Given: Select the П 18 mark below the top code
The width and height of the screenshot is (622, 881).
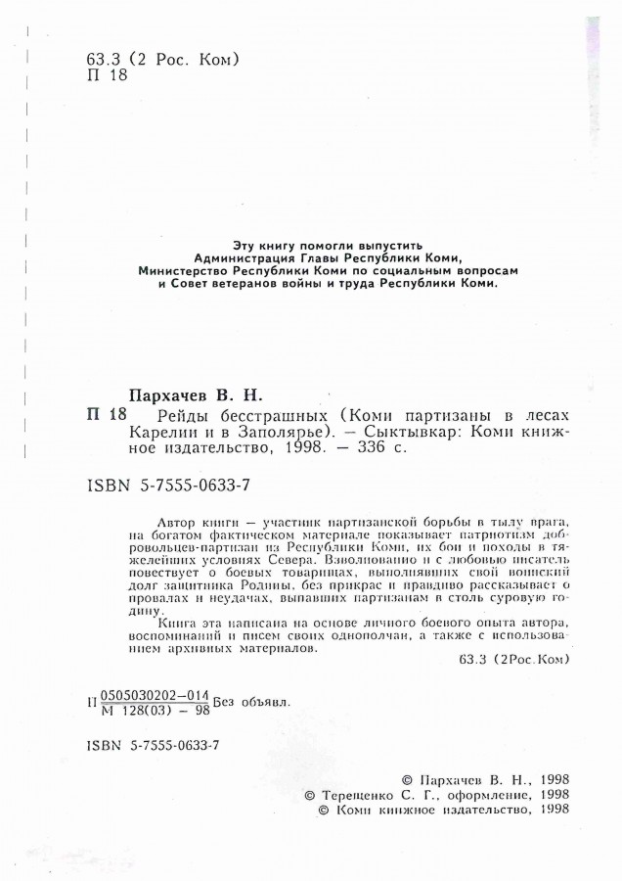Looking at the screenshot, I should (107, 78).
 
